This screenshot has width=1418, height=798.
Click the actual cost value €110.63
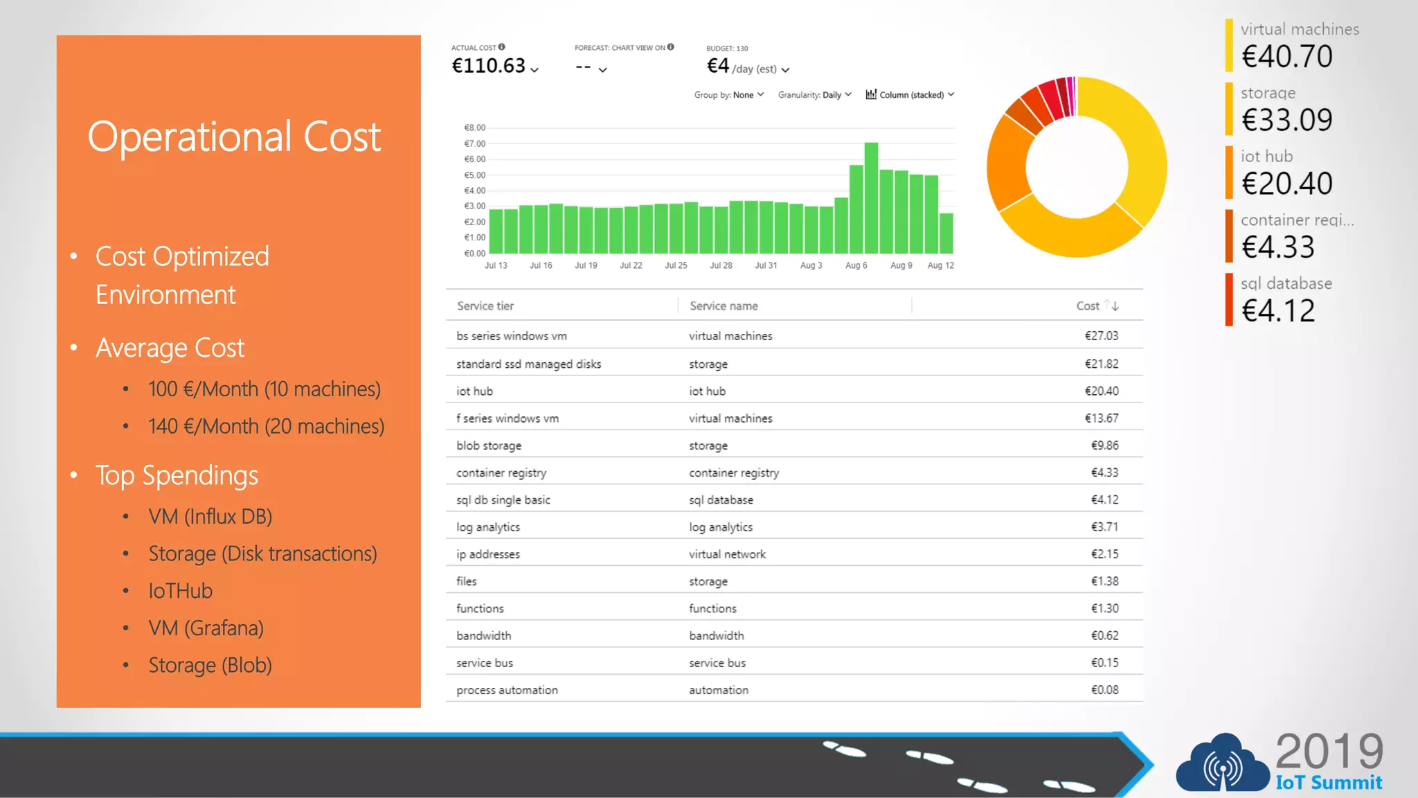click(489, 66)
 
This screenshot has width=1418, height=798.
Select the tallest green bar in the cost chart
click(871, 197)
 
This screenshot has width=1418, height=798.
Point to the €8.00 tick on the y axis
click(475, 127)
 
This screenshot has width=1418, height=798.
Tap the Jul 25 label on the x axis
click(676, 265)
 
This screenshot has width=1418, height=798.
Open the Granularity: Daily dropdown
click(814, 95)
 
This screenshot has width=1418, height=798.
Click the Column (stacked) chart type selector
click(910, 95)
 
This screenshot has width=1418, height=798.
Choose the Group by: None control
click(728, 95)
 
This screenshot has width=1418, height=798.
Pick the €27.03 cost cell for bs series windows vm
click(1101, 336)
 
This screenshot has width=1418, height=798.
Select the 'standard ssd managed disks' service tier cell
click(528, 364)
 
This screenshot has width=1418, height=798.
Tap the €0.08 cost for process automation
click(1104, 690)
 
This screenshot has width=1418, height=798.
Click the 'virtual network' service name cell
click(727, 554)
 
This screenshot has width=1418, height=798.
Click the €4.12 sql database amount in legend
click(1277, 311)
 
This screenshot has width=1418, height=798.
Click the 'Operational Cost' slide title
click(234, 136)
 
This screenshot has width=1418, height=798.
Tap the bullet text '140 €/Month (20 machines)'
click(266, 427)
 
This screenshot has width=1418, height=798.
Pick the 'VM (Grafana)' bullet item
click(206, 628)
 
